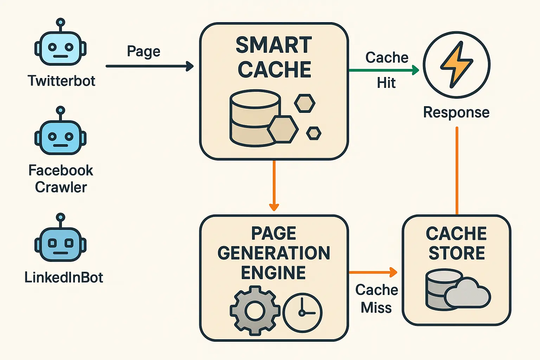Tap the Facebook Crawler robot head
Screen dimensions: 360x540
pos(60,136)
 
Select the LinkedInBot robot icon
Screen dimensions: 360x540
pos(60,243)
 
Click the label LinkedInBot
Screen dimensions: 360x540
pos(64,277)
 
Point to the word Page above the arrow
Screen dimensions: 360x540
pos(143,52)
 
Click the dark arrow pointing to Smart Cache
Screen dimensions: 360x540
pos(149,66)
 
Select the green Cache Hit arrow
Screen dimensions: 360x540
pos(383,70)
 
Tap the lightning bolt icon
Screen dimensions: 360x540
pos(456,64)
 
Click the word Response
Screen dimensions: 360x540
pos(456,112)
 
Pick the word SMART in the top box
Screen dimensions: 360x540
pos(274,45)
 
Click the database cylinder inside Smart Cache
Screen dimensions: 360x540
pos(253,118)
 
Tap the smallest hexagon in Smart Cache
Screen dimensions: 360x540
pos(314,134)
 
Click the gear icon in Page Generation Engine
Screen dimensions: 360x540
pos(255,310)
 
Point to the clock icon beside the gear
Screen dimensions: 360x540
pos(302,312)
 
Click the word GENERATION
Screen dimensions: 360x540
pos(274,253)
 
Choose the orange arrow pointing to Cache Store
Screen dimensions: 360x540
pos(373,272)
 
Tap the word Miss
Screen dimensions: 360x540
pos(376,308)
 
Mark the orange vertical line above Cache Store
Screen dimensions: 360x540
pos(457,171)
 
